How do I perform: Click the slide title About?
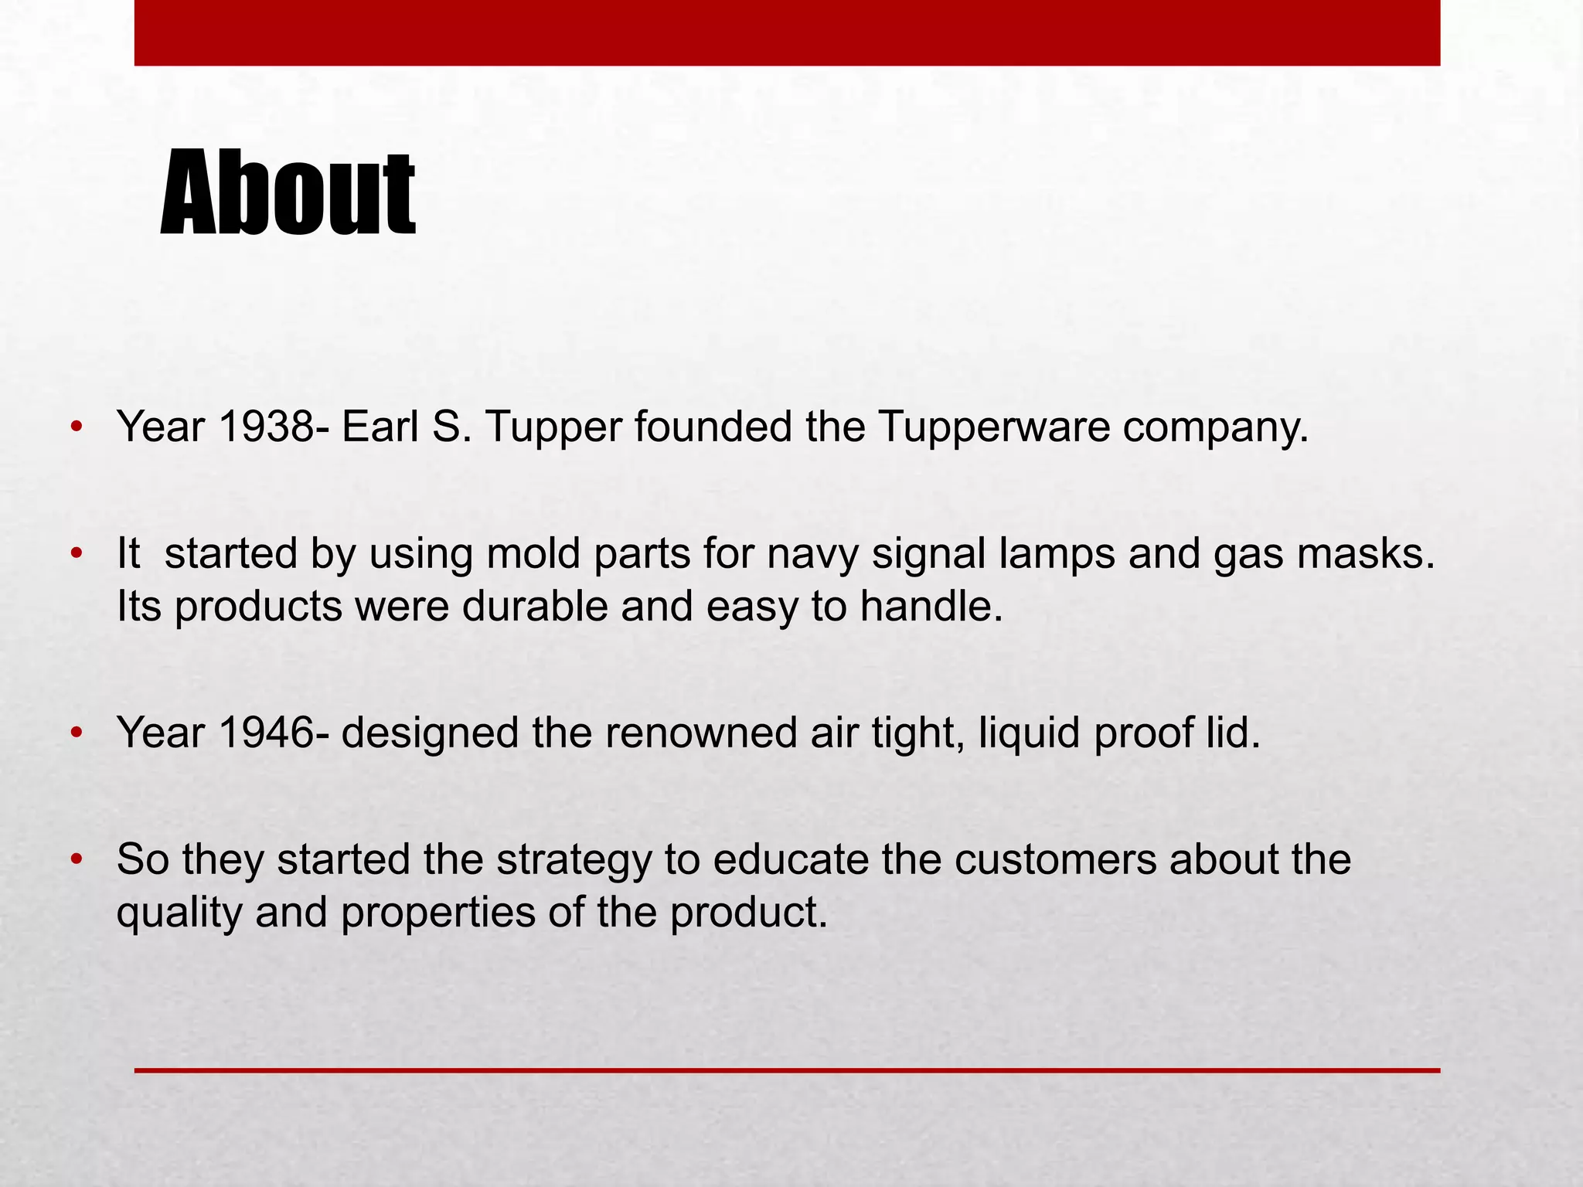288,193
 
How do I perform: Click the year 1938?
266,427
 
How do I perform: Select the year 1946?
266,733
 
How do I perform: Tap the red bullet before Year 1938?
75,427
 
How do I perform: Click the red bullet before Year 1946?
75,733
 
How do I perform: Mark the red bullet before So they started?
75,860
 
